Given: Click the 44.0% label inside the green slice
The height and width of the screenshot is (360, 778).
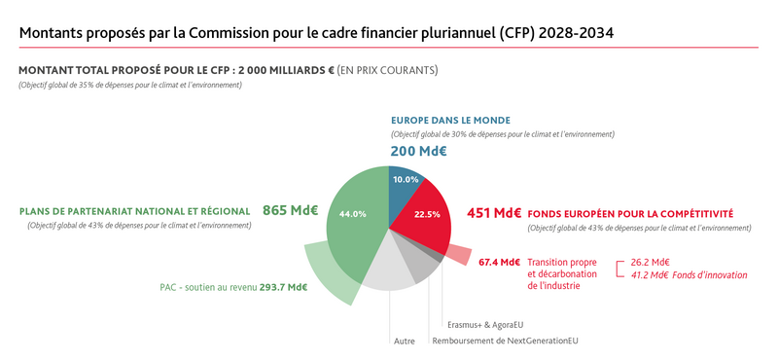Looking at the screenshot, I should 352,213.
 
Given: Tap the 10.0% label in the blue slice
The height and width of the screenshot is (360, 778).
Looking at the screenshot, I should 406,180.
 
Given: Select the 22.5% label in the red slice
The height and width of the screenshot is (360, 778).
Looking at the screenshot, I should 428,214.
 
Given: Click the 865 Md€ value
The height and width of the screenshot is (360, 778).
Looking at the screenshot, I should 291,210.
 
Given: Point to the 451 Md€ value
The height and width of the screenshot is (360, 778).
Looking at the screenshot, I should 494,213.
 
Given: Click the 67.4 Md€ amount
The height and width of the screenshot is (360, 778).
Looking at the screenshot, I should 500,263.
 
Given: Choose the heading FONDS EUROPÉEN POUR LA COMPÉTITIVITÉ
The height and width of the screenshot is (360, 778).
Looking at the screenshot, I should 630,213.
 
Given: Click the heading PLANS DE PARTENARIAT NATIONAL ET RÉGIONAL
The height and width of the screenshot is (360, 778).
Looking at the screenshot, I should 135,211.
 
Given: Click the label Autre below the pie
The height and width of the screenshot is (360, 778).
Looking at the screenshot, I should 404,341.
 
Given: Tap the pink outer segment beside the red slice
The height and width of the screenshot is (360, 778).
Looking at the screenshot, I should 458,254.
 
